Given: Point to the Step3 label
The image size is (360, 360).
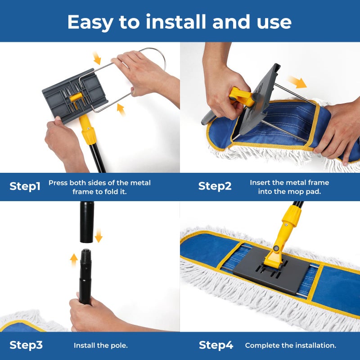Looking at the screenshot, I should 26,345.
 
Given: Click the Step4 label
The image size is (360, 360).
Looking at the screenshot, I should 216,345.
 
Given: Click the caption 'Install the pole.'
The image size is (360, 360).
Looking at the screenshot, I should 101,346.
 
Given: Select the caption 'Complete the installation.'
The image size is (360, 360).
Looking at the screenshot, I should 291,346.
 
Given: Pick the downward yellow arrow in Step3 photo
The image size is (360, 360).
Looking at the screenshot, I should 99,235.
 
